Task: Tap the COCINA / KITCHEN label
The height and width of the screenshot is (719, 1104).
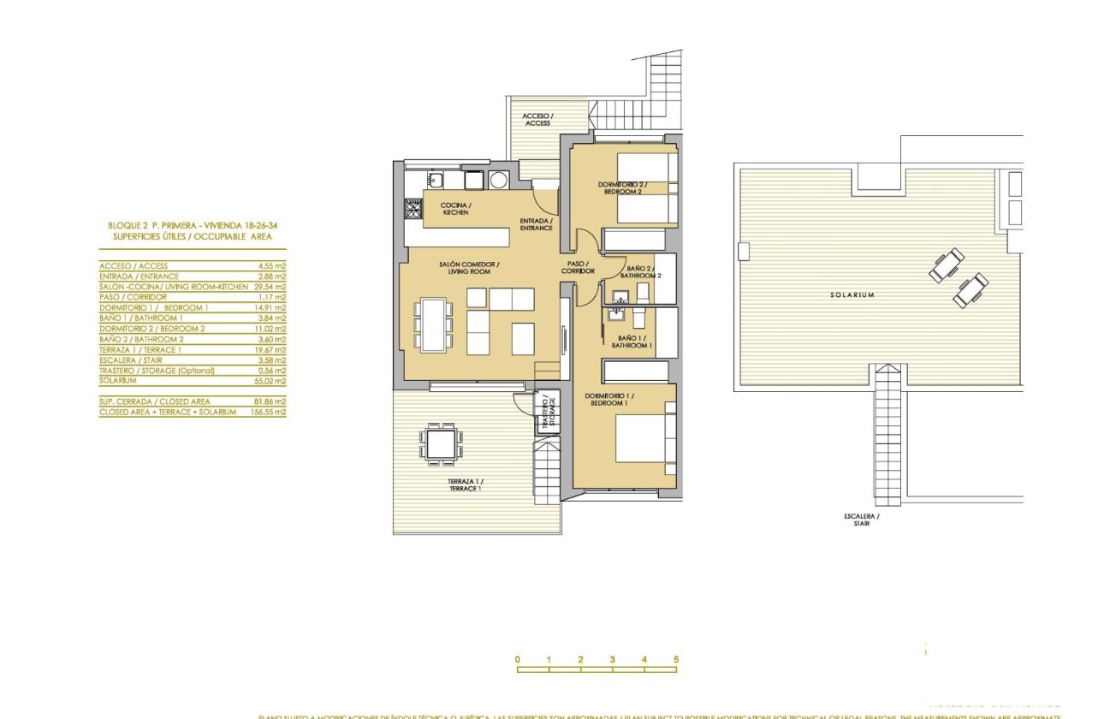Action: [455, 209]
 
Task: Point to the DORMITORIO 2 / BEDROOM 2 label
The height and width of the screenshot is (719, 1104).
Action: [623, 188]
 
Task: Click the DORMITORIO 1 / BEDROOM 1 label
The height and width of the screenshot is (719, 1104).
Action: [609, 399]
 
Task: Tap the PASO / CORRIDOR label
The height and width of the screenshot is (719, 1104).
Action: [578, 267]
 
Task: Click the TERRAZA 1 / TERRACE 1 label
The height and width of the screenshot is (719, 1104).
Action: [464, 485]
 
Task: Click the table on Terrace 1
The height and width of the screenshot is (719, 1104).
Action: [442, 443]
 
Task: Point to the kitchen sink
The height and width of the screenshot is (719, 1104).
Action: [436, 180]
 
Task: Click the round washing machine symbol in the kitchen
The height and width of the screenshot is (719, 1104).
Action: [498, 180]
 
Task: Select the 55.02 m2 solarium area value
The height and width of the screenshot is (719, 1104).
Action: [271, 381]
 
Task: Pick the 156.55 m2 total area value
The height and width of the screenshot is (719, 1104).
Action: [270, 412]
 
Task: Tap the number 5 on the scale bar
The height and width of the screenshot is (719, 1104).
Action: [676, 660]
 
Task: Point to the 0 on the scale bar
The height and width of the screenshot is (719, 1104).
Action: [518, 660]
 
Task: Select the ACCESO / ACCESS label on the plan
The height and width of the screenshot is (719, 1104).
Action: [538, 119]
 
